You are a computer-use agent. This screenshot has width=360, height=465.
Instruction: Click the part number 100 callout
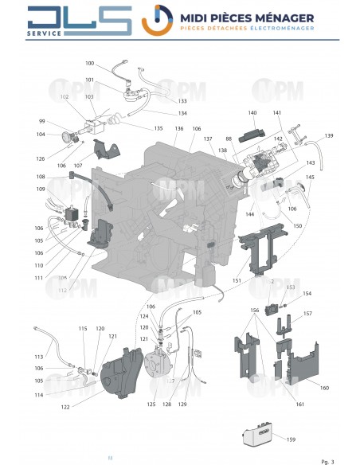pyautogui.click(x=89, y=63)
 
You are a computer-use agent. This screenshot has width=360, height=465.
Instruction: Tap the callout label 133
pyautogui.click(x=182, y=101)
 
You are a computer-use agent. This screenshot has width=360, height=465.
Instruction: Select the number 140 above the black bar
pyautogui.click(x=252, y=113)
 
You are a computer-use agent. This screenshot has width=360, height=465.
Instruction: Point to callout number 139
pyautogui.click(x=329, y=136)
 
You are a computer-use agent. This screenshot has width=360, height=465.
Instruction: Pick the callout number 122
pyautogui.click(x=65, y=407)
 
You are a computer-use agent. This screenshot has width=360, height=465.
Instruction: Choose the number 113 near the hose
pyautogui.click(x=38, y=357)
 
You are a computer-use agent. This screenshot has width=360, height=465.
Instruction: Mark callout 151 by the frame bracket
pyautogui.click(x=236, y=280)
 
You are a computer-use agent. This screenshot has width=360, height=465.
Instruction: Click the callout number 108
pyautogui.click(x=41, y=177)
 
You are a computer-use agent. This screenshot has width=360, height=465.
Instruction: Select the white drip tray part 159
pyautogui.click(x=260, y=436)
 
